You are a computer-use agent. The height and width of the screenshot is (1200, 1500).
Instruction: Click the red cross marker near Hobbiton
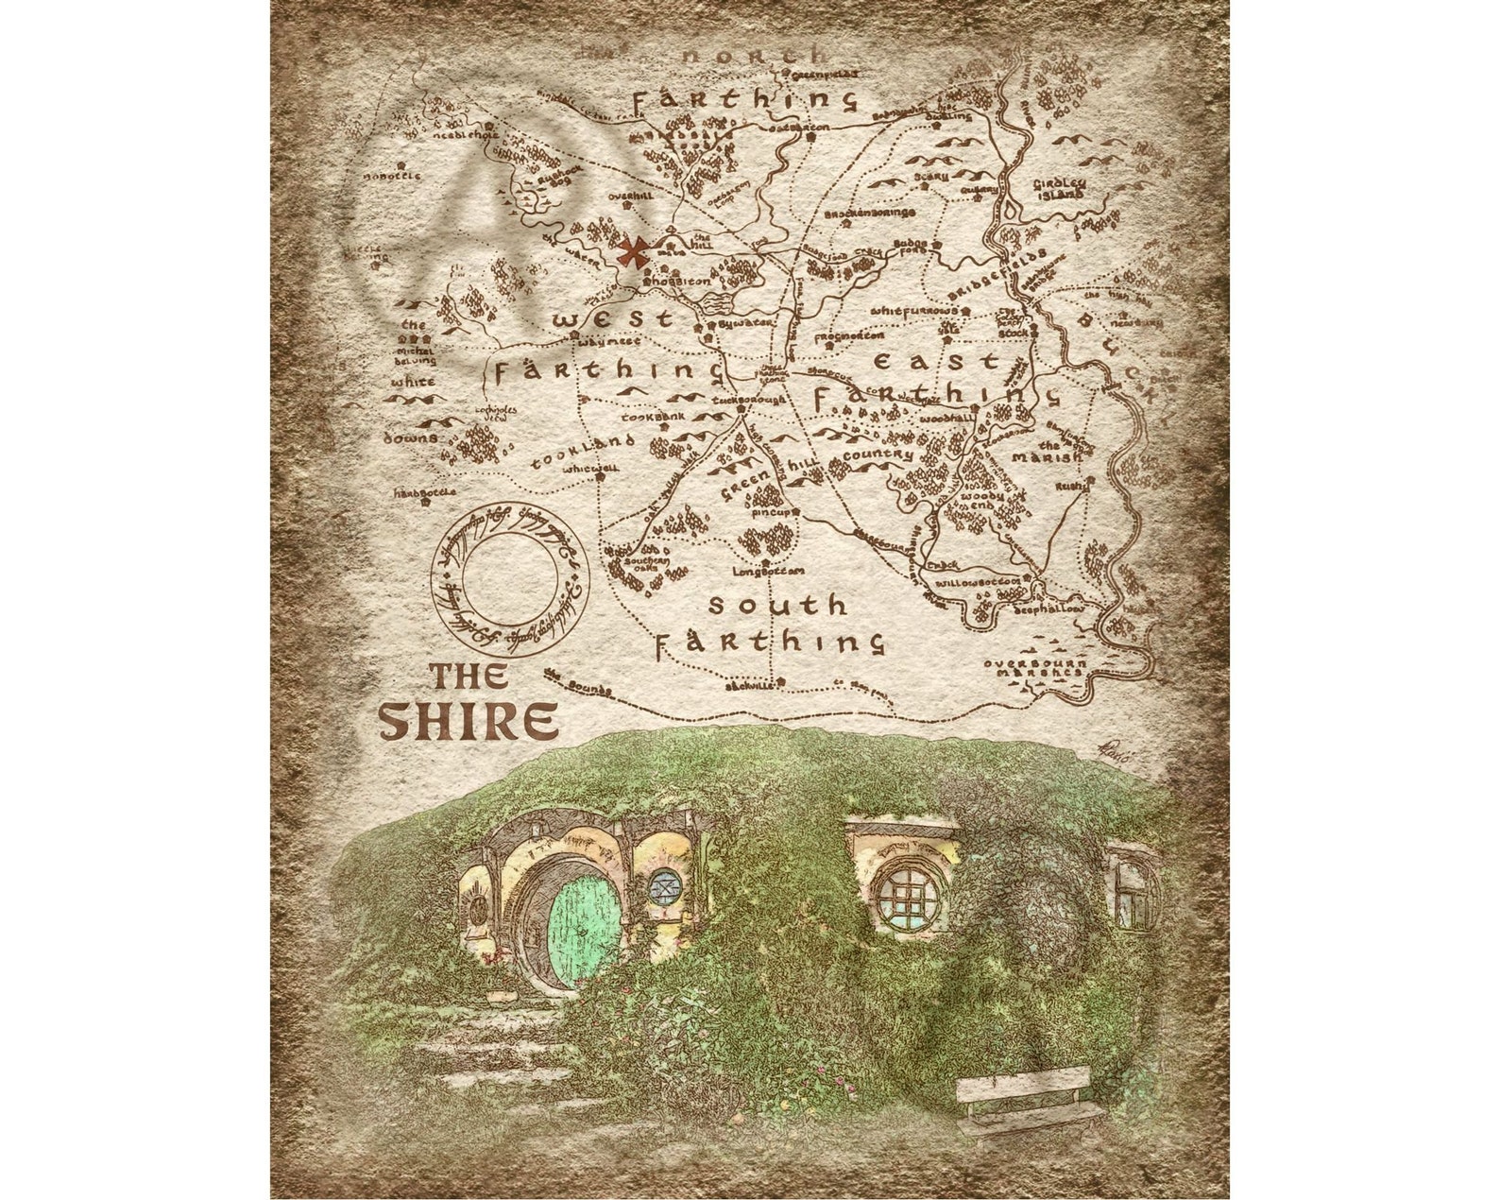coord(629,252)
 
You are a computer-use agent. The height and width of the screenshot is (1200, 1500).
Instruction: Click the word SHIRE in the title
coord(468,721)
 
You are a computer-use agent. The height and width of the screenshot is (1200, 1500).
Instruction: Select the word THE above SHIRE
coord(469,676)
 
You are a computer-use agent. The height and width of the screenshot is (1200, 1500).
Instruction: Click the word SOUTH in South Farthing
coord(777,605)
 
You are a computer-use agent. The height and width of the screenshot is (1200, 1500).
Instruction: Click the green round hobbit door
coord(584,928)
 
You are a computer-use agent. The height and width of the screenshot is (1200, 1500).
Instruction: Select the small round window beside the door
coord(664,885)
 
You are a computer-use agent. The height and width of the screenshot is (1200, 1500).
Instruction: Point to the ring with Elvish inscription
coord(510,577)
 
